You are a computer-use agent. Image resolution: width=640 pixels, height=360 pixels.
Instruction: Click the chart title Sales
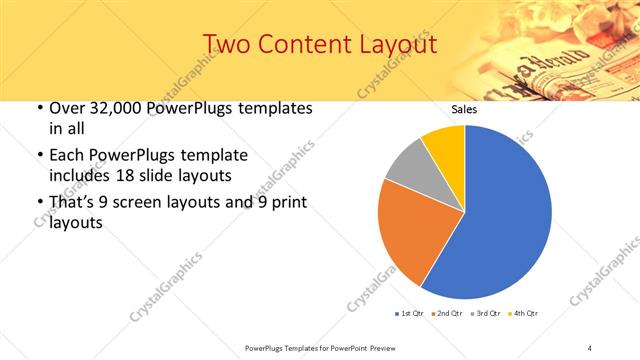(464, 108)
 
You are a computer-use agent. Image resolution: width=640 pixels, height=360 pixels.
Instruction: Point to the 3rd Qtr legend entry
(484, 314)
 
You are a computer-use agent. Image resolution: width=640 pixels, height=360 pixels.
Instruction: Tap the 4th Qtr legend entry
(522, 314)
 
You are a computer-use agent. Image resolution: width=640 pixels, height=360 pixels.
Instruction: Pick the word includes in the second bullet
(83, 174)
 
